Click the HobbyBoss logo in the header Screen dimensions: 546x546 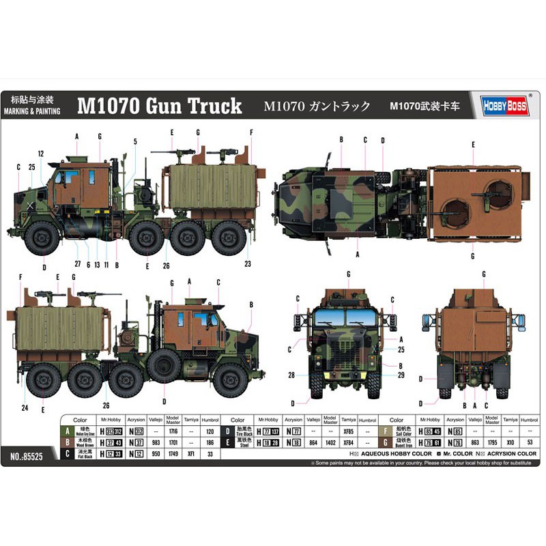[506, 105]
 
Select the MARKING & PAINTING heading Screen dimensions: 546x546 [31, 111]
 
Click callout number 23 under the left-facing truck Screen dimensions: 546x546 [248, 264]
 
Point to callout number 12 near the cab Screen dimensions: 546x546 [41, 154]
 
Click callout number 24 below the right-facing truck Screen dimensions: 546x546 [25, 408]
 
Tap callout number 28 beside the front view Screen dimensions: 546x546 [291, 375]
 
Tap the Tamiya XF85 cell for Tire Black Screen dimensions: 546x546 [349, 432]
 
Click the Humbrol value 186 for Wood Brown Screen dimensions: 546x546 [210, 443]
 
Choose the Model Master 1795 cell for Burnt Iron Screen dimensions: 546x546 [493, 443]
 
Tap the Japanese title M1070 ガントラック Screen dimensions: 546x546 [317, 106]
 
